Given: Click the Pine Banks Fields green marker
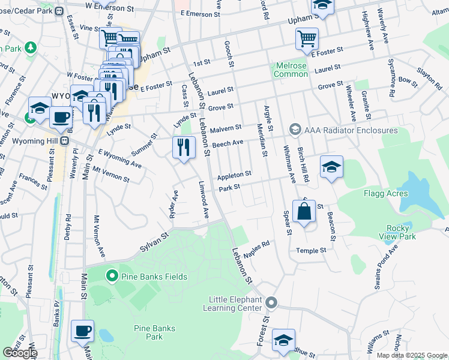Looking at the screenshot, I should click(x=111, y=277).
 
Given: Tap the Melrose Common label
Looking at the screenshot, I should click(x=291, y=70).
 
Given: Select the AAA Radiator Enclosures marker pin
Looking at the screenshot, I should click(x=295, y=130).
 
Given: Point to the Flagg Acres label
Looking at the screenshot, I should click(x=385, y=193).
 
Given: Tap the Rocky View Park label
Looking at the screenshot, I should click(x=402, y=232).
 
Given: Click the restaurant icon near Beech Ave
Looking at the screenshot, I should click(x=184, y=147).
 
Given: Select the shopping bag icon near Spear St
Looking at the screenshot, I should click(x=304, y=211).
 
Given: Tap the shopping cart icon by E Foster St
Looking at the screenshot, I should click(x=307, y=38).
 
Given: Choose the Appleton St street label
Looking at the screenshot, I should click(x=234, y=175).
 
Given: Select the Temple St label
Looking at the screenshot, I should click(x=311, y=250).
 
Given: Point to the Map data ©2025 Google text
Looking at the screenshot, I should click(x=411, y=355).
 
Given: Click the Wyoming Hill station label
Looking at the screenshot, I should click(x=38, y=140).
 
